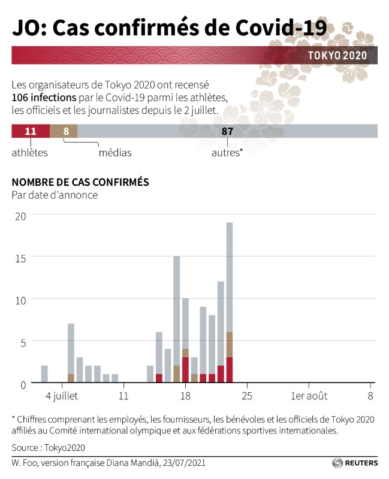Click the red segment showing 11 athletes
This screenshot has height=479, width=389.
(x=31, y=131)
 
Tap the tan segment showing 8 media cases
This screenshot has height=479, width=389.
(x=64, y=131)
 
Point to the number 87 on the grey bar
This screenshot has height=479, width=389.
(x=227, y=131)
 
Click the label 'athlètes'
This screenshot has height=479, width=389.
(x=29, y=153)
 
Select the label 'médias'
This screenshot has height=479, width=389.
(x=114, y=153)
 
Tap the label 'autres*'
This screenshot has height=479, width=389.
(x=227, y=153)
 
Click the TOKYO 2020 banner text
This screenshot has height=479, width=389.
(x=337, y=56)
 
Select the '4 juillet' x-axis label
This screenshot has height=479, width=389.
(x=62, y=396)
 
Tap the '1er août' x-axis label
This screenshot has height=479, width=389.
(x=308, y=396)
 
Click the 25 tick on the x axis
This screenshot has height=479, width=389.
(x=247, y=396)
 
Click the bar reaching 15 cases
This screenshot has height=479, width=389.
(x=177, y=311)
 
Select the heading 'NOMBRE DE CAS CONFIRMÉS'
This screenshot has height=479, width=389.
(x=80, y=182)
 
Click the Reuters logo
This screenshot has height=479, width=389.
(x=355, y=463)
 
